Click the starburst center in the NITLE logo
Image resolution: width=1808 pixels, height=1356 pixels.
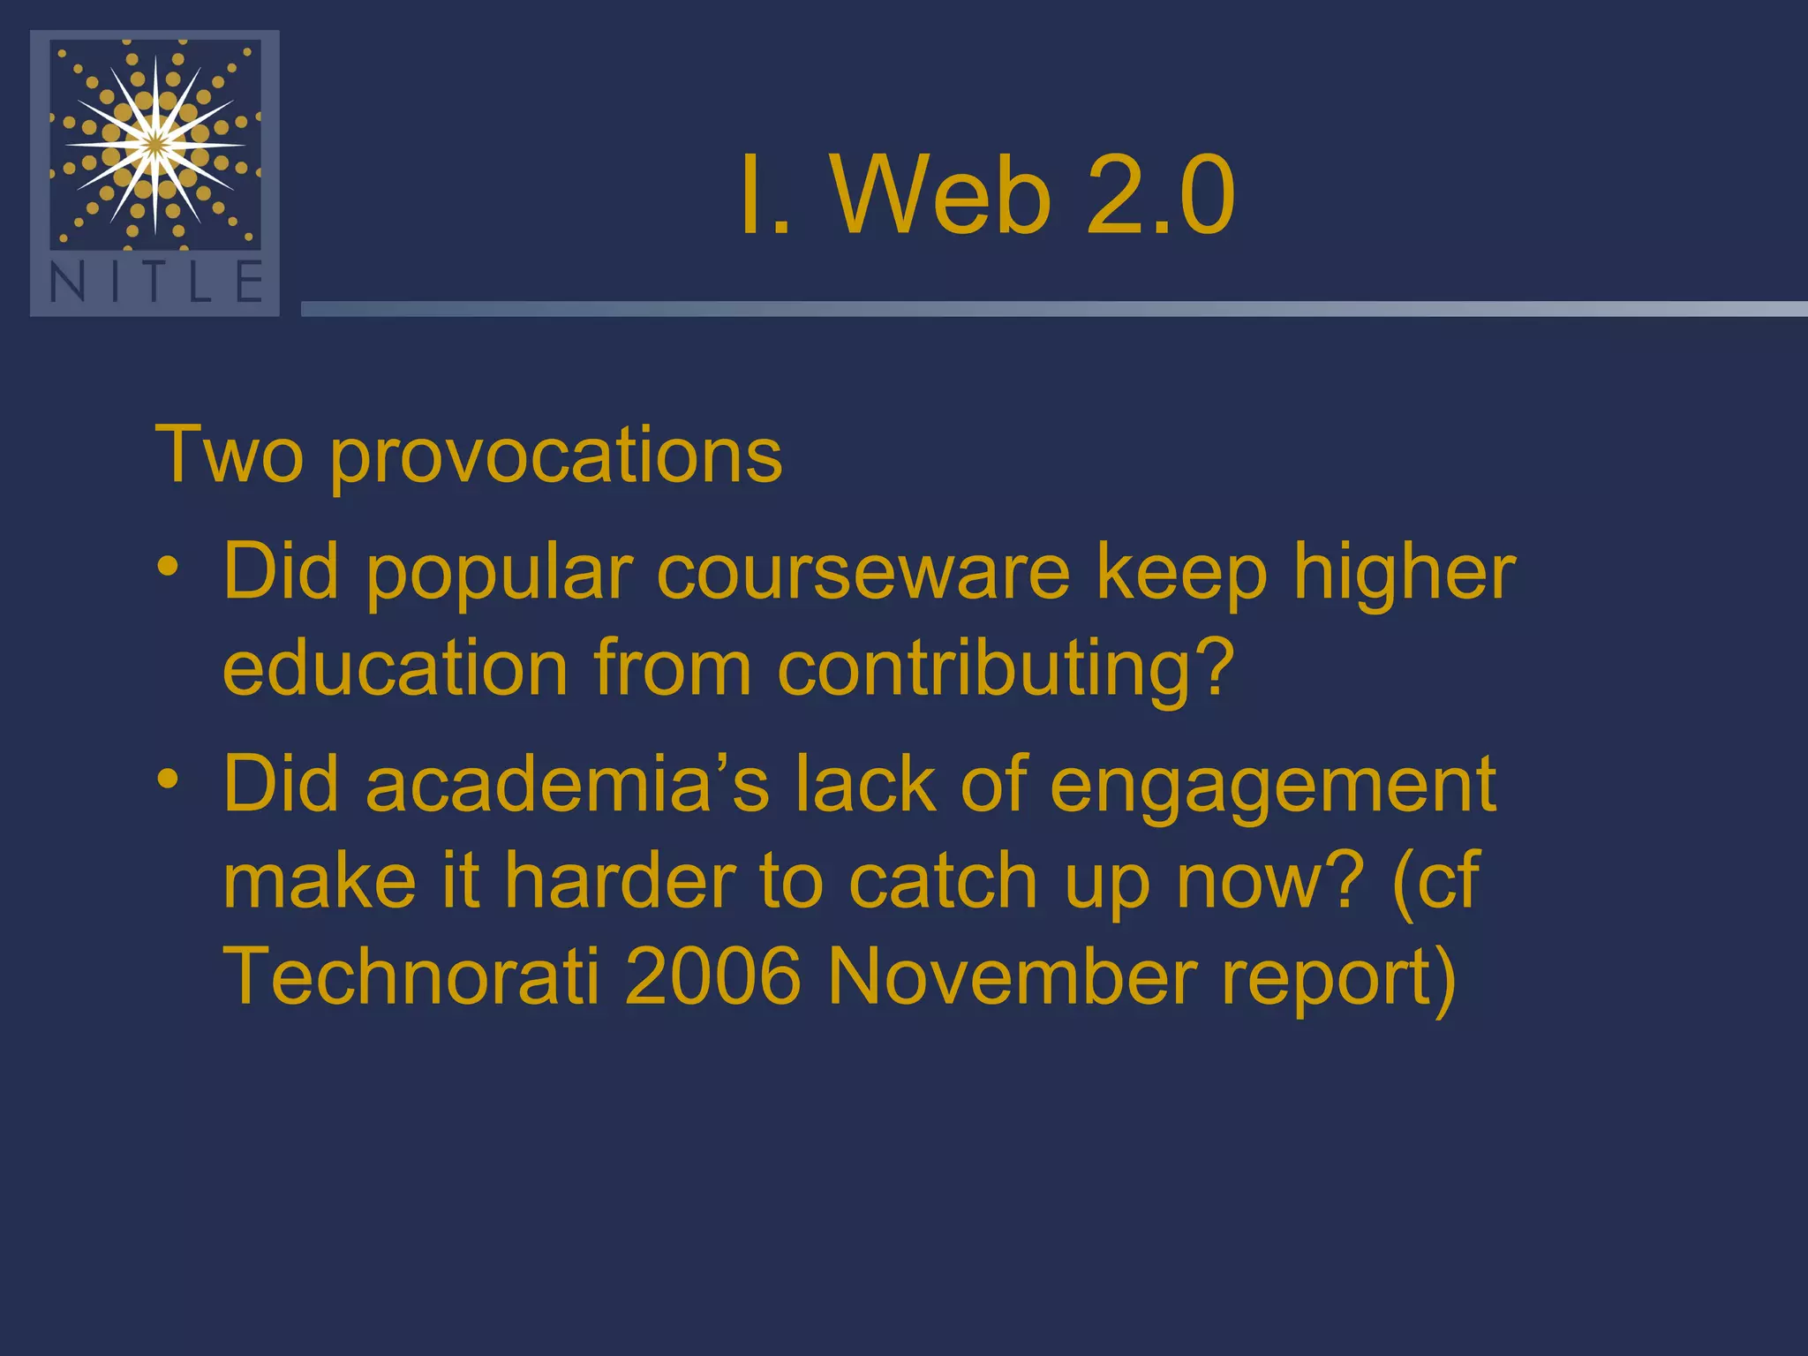(155, 144)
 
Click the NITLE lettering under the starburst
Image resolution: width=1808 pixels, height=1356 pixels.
(155, 283)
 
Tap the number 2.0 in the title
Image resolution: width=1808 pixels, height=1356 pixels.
(1160, 195)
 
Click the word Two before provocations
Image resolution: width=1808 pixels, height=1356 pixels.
(229, 456)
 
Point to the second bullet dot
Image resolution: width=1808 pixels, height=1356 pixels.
(168, 778)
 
